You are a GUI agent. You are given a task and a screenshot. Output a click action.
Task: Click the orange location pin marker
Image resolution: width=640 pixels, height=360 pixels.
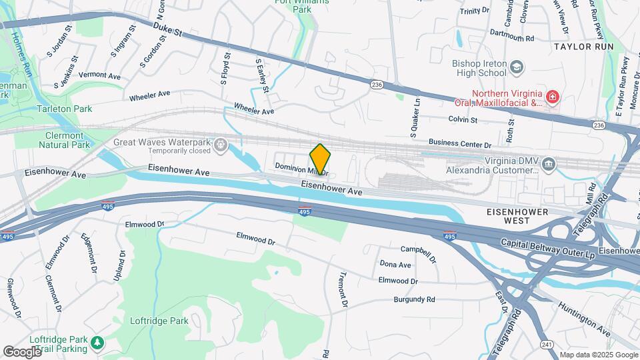click(x=321, y=159)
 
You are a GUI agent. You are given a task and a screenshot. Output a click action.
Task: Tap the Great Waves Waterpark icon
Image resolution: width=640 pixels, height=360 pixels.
click(x=221, y=145)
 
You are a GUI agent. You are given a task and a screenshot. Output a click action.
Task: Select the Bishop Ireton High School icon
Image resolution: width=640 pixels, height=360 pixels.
click(x=517, y=67)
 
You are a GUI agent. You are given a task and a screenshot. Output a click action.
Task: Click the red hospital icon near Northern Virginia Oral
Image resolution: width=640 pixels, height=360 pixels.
click(x=551, y=99)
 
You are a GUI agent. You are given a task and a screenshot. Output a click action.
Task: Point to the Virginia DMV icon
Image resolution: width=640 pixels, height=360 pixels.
click(x=548, y=163)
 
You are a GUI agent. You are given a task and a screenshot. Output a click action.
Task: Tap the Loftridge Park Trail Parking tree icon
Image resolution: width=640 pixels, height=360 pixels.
click(x=97, y=343)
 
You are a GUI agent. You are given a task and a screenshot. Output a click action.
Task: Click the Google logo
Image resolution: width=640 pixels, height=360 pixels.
click(x=22, y=351)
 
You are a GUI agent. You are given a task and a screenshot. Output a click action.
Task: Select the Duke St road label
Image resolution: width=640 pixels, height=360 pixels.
click(x=167, y=29)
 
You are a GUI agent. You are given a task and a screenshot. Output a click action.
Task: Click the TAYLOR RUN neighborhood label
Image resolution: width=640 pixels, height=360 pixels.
click(x=582, y=47)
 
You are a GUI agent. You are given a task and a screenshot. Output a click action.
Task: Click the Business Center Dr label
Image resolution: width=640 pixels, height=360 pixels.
click(x=459, y=143)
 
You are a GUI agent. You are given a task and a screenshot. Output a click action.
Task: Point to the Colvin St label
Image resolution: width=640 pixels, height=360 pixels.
click(x=463, y=120)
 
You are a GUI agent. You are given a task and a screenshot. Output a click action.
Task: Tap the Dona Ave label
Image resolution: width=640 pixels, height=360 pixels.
click(x=395, y=265)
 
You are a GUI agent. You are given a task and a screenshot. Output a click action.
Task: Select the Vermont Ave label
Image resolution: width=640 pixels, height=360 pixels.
click(x=99, y=76)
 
